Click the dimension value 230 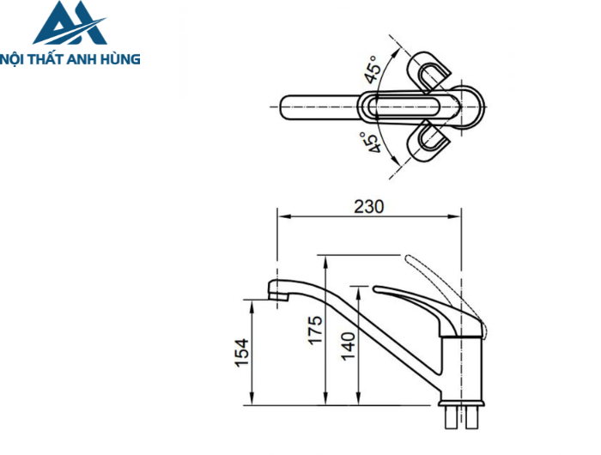(x=368, y=206)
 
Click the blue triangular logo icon (x=70, y=24)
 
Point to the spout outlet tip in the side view (x=276, y=296)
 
